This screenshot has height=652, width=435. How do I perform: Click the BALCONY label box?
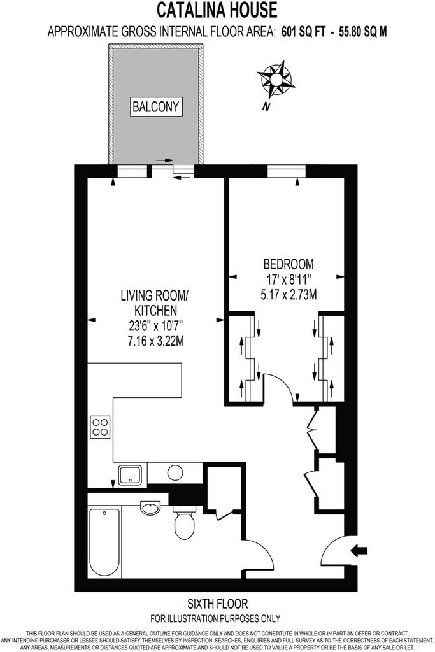(156, 107)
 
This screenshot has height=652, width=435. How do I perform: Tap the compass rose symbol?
(276, 79)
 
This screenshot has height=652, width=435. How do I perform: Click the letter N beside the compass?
(266, 107)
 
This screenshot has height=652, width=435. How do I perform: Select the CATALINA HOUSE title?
(217, 10)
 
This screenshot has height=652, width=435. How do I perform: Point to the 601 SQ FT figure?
(304, 32)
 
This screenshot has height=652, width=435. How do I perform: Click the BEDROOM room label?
(289, 264)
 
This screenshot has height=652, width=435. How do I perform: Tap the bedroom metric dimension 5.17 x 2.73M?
(289, 295)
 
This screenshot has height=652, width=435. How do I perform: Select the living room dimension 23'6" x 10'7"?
(156, 325)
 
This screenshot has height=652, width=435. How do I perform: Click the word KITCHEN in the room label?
(156, 310)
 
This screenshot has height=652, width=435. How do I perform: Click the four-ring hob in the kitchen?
(100, 427)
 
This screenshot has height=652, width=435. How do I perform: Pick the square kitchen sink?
(132, 475)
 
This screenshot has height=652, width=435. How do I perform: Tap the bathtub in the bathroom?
(104, 542)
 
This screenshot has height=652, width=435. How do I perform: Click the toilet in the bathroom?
(184, 522)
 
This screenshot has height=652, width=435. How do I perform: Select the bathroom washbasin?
(150, 507)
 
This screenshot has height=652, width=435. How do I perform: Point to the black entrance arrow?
(359, 551)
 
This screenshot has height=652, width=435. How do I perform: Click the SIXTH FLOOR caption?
(218, 604)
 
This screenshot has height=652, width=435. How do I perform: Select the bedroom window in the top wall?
(286, 171)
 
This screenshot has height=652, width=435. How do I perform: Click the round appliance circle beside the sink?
(175, 472)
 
